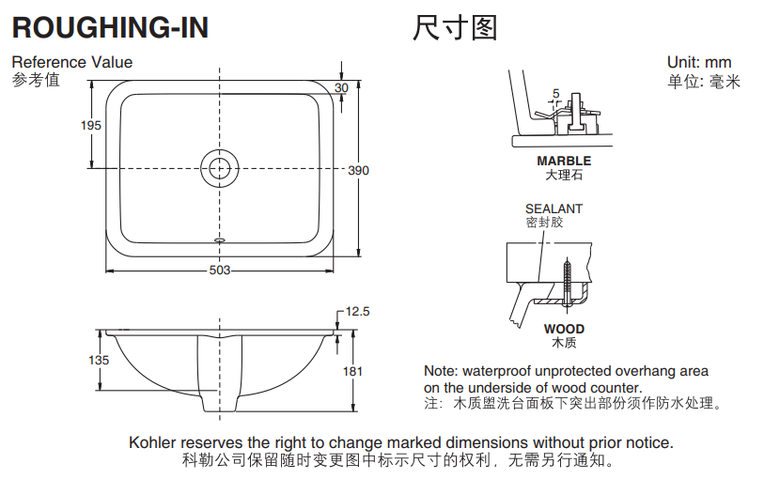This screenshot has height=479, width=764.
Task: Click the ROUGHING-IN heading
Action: [110, 28]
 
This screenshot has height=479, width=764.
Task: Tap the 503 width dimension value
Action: [219, 270]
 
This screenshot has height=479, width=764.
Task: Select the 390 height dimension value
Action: [358, 171]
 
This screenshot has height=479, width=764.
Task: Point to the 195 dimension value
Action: [90, 126]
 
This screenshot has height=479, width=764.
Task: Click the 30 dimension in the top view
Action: [341, 87]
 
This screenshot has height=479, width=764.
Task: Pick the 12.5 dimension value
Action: [358, 311]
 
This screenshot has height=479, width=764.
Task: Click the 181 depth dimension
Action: [352, 371]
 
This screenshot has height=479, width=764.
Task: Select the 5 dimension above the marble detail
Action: [555, 93]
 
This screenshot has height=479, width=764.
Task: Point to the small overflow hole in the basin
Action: [220, 239]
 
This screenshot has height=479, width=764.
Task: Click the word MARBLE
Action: [564, 162]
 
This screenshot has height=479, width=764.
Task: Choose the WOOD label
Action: [564, 329]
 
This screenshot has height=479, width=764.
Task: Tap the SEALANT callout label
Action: [554, 209]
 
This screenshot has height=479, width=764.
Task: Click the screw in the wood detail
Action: [568, 279]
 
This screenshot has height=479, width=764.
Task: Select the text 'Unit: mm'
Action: [699, 63]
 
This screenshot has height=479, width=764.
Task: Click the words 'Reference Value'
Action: [72, 63]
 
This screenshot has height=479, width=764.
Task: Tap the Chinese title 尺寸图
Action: [454, 28]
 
